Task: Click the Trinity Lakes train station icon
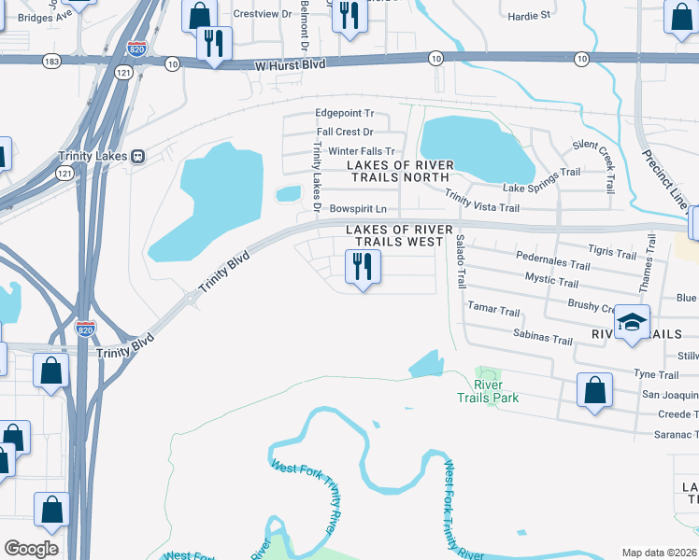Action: point(138,156)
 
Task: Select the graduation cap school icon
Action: point(632,323)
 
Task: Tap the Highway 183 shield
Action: point(53,62)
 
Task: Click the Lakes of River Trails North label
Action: point(400,172)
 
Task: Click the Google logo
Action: point(31,549)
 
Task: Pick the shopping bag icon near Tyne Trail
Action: point(594,392)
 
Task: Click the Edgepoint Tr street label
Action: point(344,114)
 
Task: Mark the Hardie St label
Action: point(529,15)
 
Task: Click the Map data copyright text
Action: point(659,553)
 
